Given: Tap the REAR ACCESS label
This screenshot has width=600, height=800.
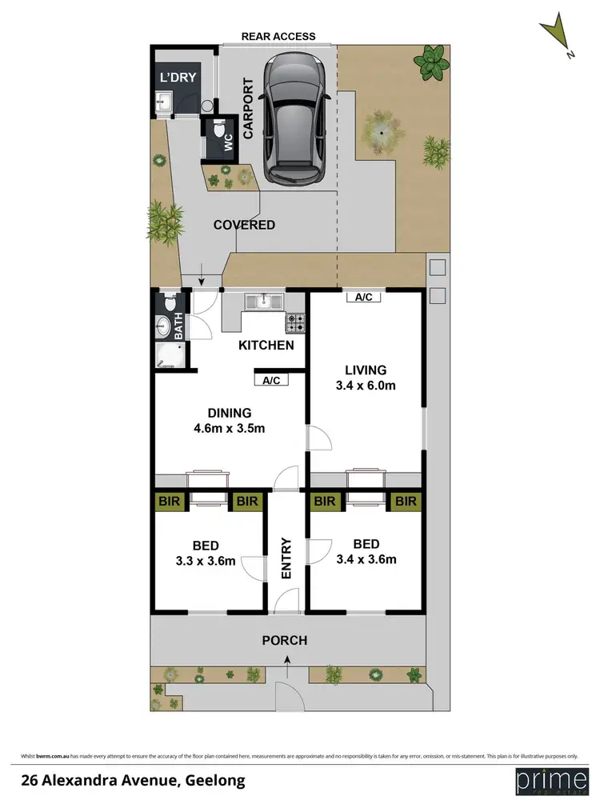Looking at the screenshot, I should click(x=279, y=36).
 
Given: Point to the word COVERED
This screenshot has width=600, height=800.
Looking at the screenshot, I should click(x=244, y=225).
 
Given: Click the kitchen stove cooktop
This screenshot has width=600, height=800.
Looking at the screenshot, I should click(x=294, y=322).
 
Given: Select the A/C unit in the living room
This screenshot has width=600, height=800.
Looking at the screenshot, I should click(x=363, y=297).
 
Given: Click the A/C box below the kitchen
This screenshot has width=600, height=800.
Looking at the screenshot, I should click(x=271, y=380).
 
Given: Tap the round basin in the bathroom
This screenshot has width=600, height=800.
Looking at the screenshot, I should click(x=164, y=326).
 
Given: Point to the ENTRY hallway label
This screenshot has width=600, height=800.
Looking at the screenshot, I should click(x=286, y=558).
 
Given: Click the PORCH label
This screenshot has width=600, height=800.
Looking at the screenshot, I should click(x=285, y=641).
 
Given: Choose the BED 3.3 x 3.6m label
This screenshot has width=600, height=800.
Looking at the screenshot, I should click(x=206, y=553).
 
